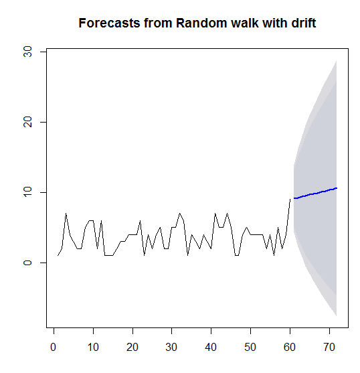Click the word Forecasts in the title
point(109,23)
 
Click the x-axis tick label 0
point(54,348)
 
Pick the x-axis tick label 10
point(93,348)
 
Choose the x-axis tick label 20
point(132,348)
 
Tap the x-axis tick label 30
point(171,348)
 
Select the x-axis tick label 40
point(211,348)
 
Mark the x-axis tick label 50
point(250,348)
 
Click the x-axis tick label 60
point(290,348)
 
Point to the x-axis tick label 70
point(329,348)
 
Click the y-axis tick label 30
point(27,52)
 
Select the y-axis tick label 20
point(27,123)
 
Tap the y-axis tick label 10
point(27,192)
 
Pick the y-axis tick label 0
point(27,263)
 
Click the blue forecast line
point(315,193)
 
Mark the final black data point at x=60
point(290,200)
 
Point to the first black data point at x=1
point(58,256)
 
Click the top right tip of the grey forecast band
point(336,61)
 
